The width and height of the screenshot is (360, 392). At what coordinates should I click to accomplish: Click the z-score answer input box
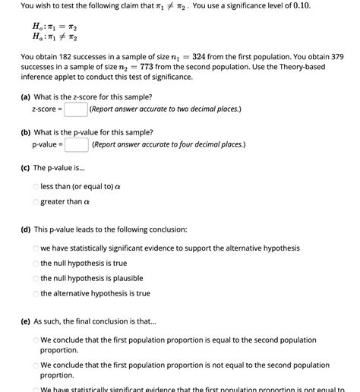tap(74, 109)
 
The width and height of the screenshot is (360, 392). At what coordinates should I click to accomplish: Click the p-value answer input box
tap(76, 144)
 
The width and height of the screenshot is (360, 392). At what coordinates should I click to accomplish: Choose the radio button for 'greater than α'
tap(36, 201)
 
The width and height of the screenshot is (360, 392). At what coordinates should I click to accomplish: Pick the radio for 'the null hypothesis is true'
tap(36, 264)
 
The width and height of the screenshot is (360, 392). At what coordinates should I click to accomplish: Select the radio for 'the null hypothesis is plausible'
tap(36, 278)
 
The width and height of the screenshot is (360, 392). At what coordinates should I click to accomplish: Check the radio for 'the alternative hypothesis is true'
tap(36, 293)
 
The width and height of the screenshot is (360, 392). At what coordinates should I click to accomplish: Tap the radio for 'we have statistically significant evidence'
tap(36, 248)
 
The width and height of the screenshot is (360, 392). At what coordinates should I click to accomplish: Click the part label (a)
tap(27, 97)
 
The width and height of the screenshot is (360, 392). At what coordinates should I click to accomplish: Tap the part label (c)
tap(27, 167)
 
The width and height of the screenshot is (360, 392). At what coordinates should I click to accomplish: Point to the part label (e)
tap(27, 321)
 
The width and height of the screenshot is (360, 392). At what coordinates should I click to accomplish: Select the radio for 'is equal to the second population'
tap(36, 340)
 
